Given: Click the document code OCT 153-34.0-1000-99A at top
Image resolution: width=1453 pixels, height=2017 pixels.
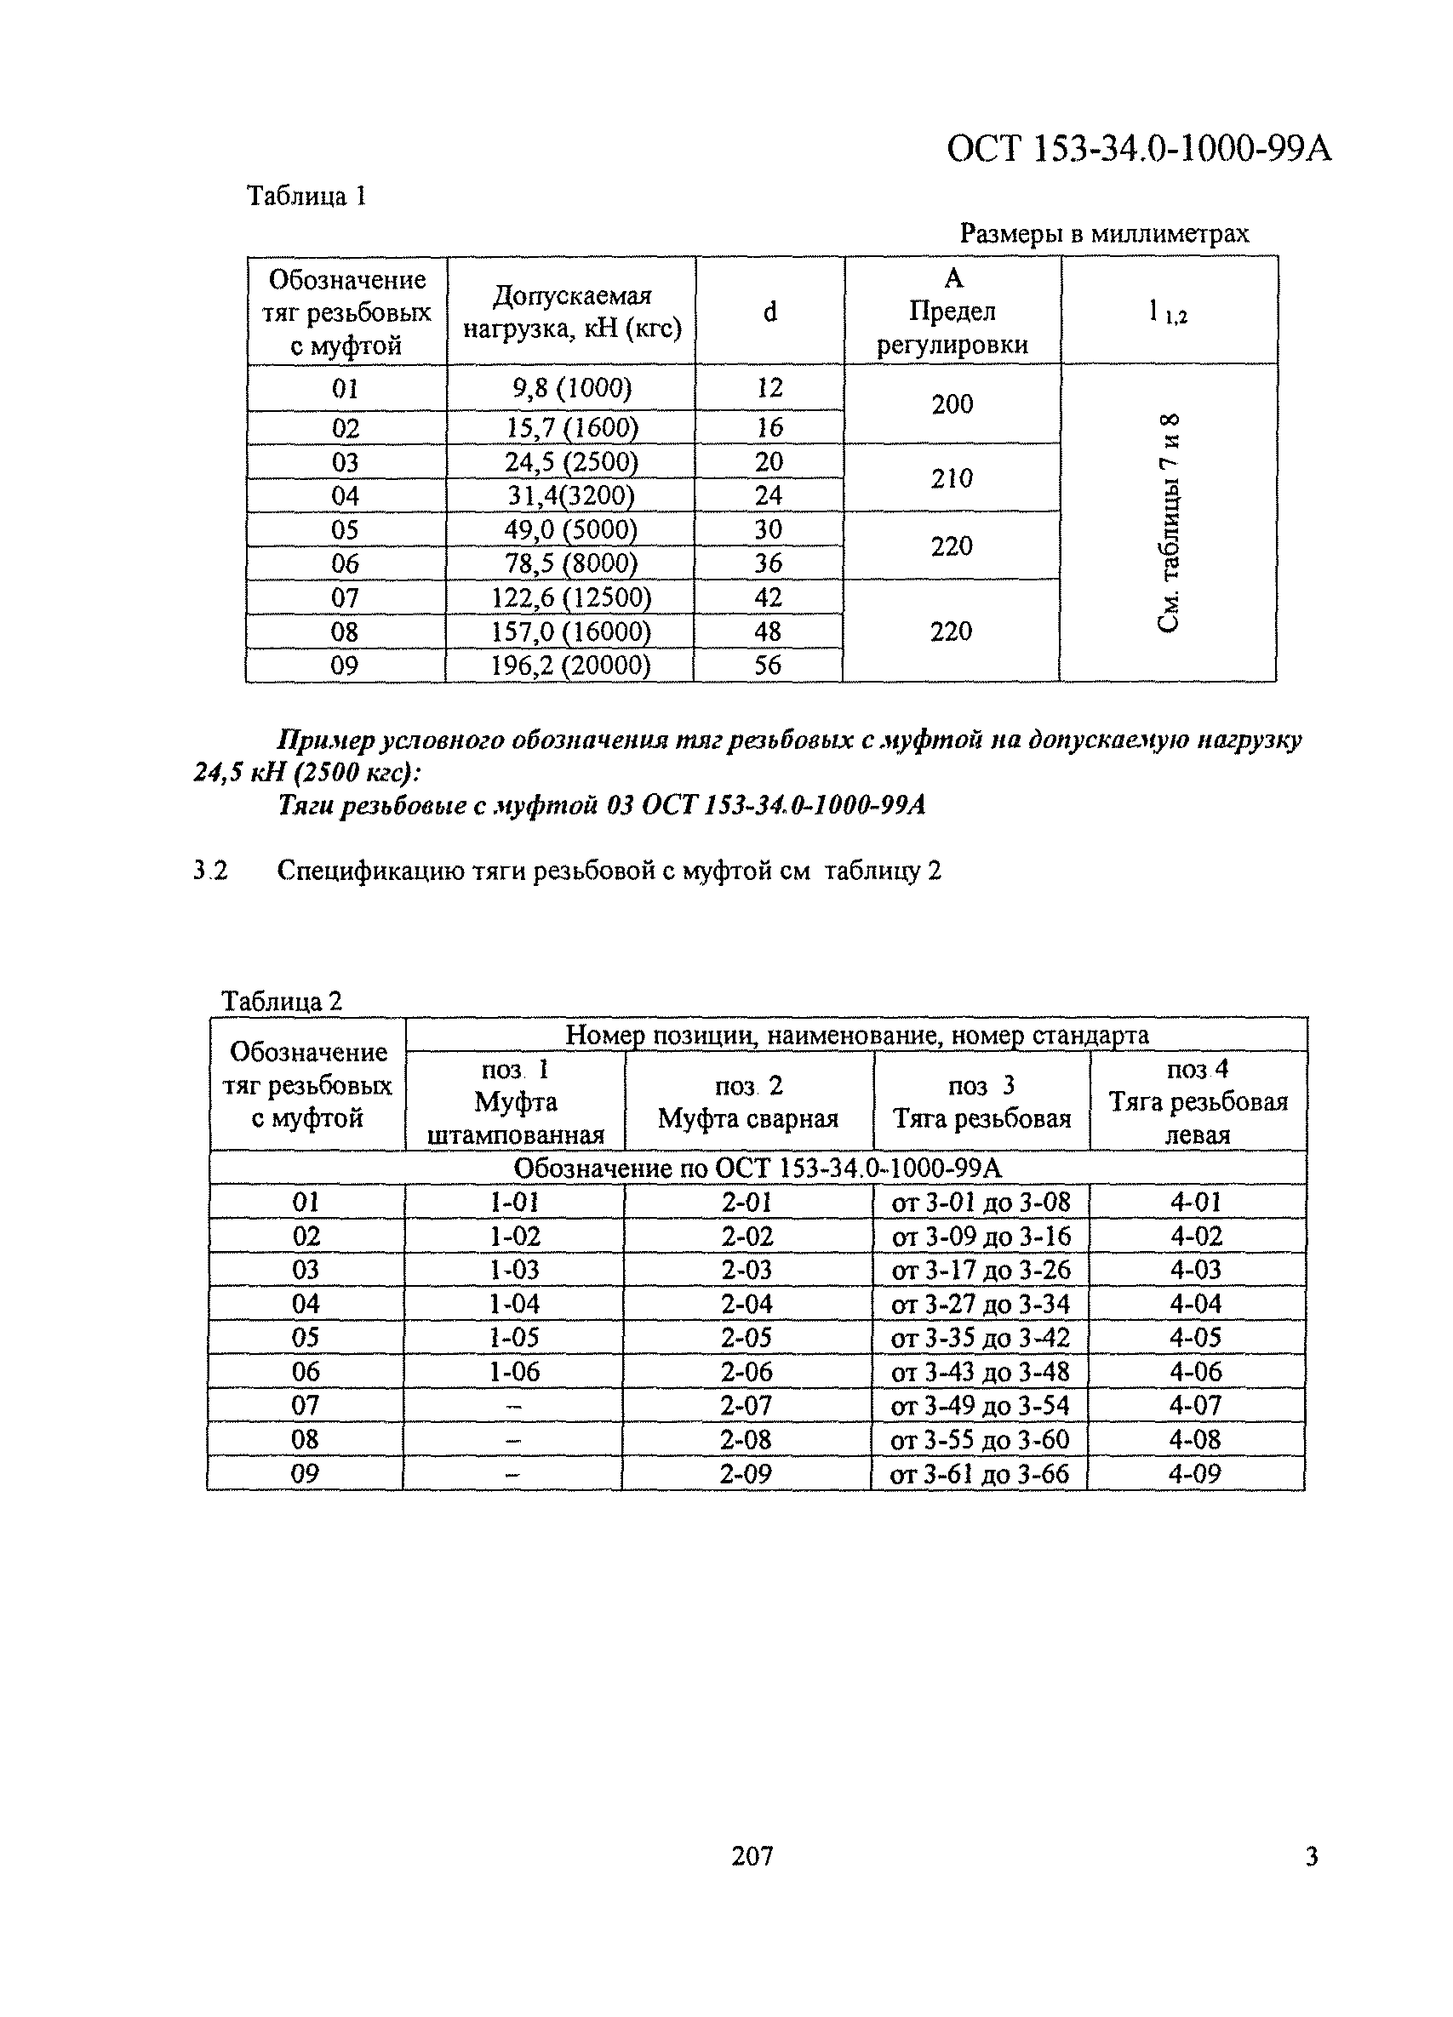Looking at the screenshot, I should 1138,149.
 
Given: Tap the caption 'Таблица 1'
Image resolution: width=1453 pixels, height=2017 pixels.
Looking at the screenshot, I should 306,196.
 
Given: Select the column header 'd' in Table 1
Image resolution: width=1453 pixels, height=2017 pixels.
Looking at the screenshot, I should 770,311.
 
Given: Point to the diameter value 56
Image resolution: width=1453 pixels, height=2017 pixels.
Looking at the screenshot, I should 768,666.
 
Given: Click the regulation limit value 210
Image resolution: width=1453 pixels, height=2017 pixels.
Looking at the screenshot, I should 952,478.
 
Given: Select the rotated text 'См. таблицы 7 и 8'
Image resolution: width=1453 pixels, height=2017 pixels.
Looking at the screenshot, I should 1169,522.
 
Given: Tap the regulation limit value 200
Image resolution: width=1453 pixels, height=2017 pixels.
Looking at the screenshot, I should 952,404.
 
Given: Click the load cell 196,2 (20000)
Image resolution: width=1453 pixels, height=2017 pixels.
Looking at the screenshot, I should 571,666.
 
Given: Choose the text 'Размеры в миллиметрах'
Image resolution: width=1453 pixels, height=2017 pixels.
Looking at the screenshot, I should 1104,234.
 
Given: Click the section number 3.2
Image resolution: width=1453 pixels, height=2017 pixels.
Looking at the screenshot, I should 211,871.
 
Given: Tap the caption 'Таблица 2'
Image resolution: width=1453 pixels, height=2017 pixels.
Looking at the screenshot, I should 281,1002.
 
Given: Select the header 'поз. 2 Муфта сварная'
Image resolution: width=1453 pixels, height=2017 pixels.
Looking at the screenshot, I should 749,1102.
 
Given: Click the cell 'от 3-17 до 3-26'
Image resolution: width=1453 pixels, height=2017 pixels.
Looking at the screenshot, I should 981,1270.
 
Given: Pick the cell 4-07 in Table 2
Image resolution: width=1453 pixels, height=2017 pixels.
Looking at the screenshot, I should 1196,1405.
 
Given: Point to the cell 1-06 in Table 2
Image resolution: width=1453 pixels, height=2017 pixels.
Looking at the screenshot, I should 514,1371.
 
